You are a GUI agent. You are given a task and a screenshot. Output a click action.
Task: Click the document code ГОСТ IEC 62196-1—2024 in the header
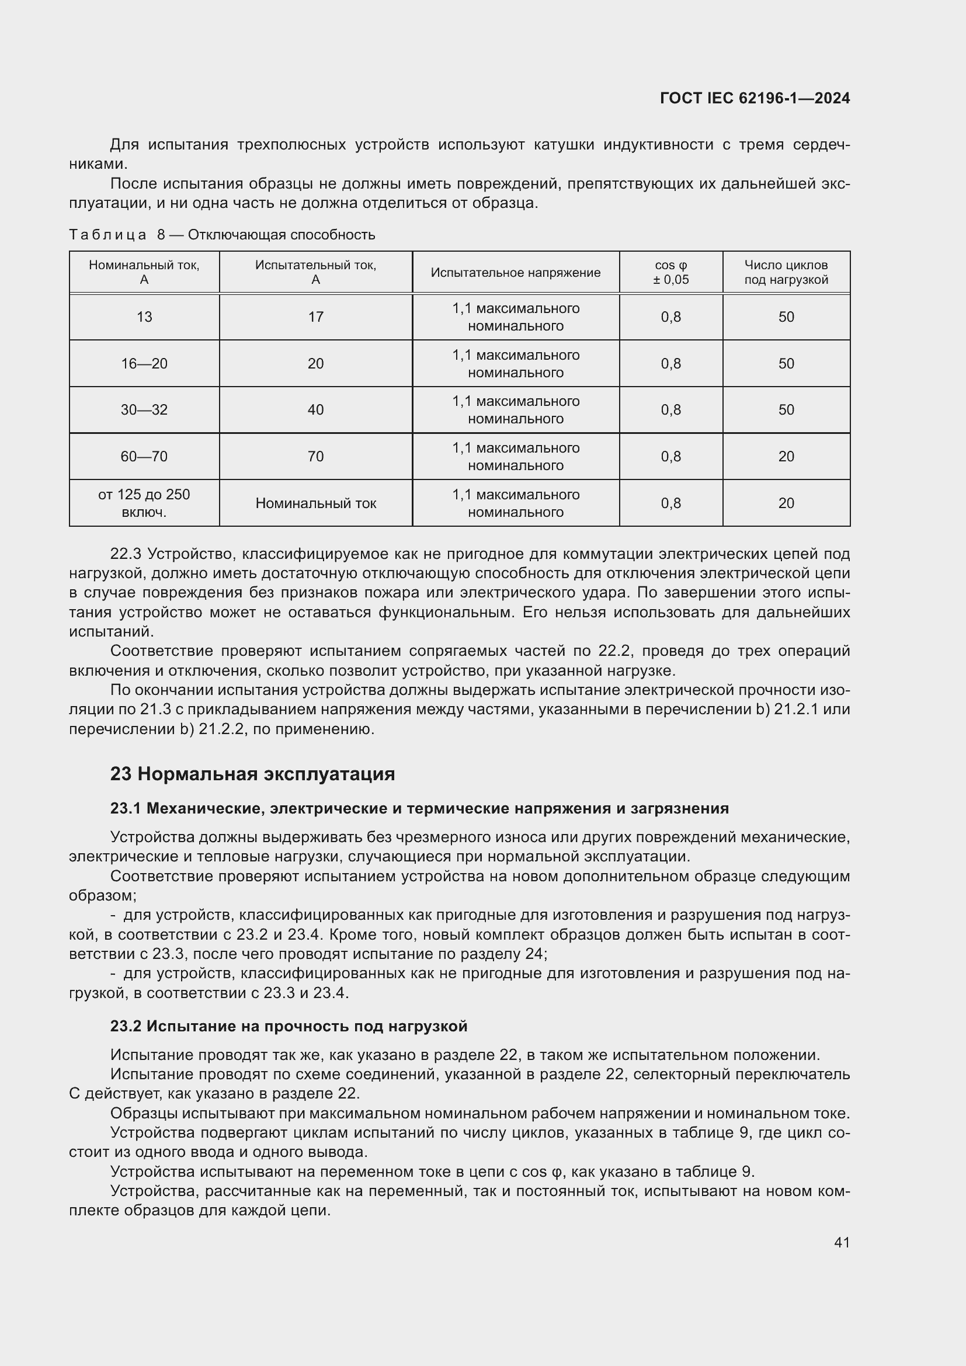pos(754,98)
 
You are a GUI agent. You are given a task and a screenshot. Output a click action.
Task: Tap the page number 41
pos(841,1242)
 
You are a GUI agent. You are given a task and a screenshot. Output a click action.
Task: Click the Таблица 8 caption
pos(222,235)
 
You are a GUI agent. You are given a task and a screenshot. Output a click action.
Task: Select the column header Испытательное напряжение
pos(515,273)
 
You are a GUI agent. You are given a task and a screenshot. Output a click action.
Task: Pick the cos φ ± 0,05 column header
pos(670,273)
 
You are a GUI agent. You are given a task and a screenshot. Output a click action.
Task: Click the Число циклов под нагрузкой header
pos(786,273)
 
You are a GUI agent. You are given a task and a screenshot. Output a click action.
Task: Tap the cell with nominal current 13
pos(144,317)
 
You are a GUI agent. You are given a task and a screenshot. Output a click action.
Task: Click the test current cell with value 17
pos(315,317)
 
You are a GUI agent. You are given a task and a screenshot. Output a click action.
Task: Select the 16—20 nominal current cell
pos(144,363)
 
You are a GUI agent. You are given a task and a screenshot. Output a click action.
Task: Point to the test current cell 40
pos(315,410)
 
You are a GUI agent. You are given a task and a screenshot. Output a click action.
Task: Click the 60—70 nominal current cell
pos(144,456)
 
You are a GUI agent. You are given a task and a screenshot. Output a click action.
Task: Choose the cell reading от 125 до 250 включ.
pos(144,503)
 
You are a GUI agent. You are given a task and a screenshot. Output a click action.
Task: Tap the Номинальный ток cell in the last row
pos(315,503)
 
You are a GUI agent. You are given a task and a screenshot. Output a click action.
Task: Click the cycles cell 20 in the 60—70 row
pos(786,456)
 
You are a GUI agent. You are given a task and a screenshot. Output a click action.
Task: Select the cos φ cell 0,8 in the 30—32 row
pos(670,410)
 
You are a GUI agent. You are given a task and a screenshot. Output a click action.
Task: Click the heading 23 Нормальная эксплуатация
pos(252,774)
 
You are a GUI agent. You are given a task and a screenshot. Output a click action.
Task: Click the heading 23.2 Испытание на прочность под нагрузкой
pos(289,1026)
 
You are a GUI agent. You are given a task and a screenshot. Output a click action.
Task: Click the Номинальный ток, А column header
pos(144,273)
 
